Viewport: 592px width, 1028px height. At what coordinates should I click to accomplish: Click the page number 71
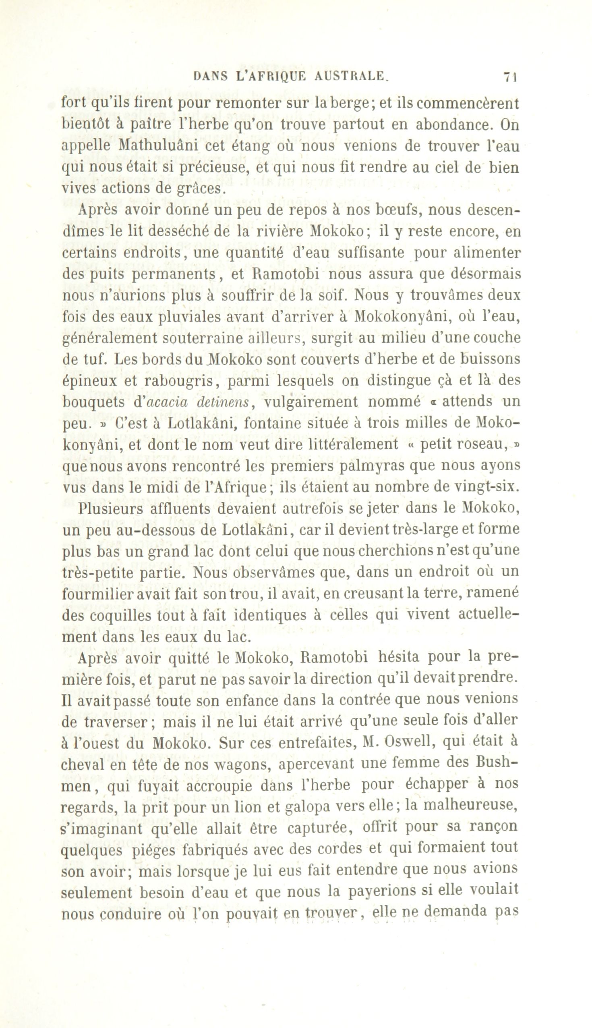coord(509,77)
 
